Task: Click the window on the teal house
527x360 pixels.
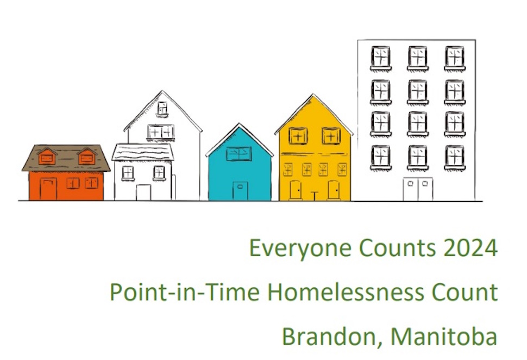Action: click(239, 154)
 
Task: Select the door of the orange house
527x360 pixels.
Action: click(48, 189)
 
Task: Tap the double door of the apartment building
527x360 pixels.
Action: click(418, 189)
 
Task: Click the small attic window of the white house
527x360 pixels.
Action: click(162, 109)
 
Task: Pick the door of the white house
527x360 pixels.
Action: click(143, 192)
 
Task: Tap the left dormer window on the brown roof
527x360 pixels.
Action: click(47, 158)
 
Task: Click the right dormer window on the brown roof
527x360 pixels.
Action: click(86, 158)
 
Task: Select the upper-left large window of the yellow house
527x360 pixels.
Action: click(298, 136)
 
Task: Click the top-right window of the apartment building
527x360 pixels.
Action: click(455, 57)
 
